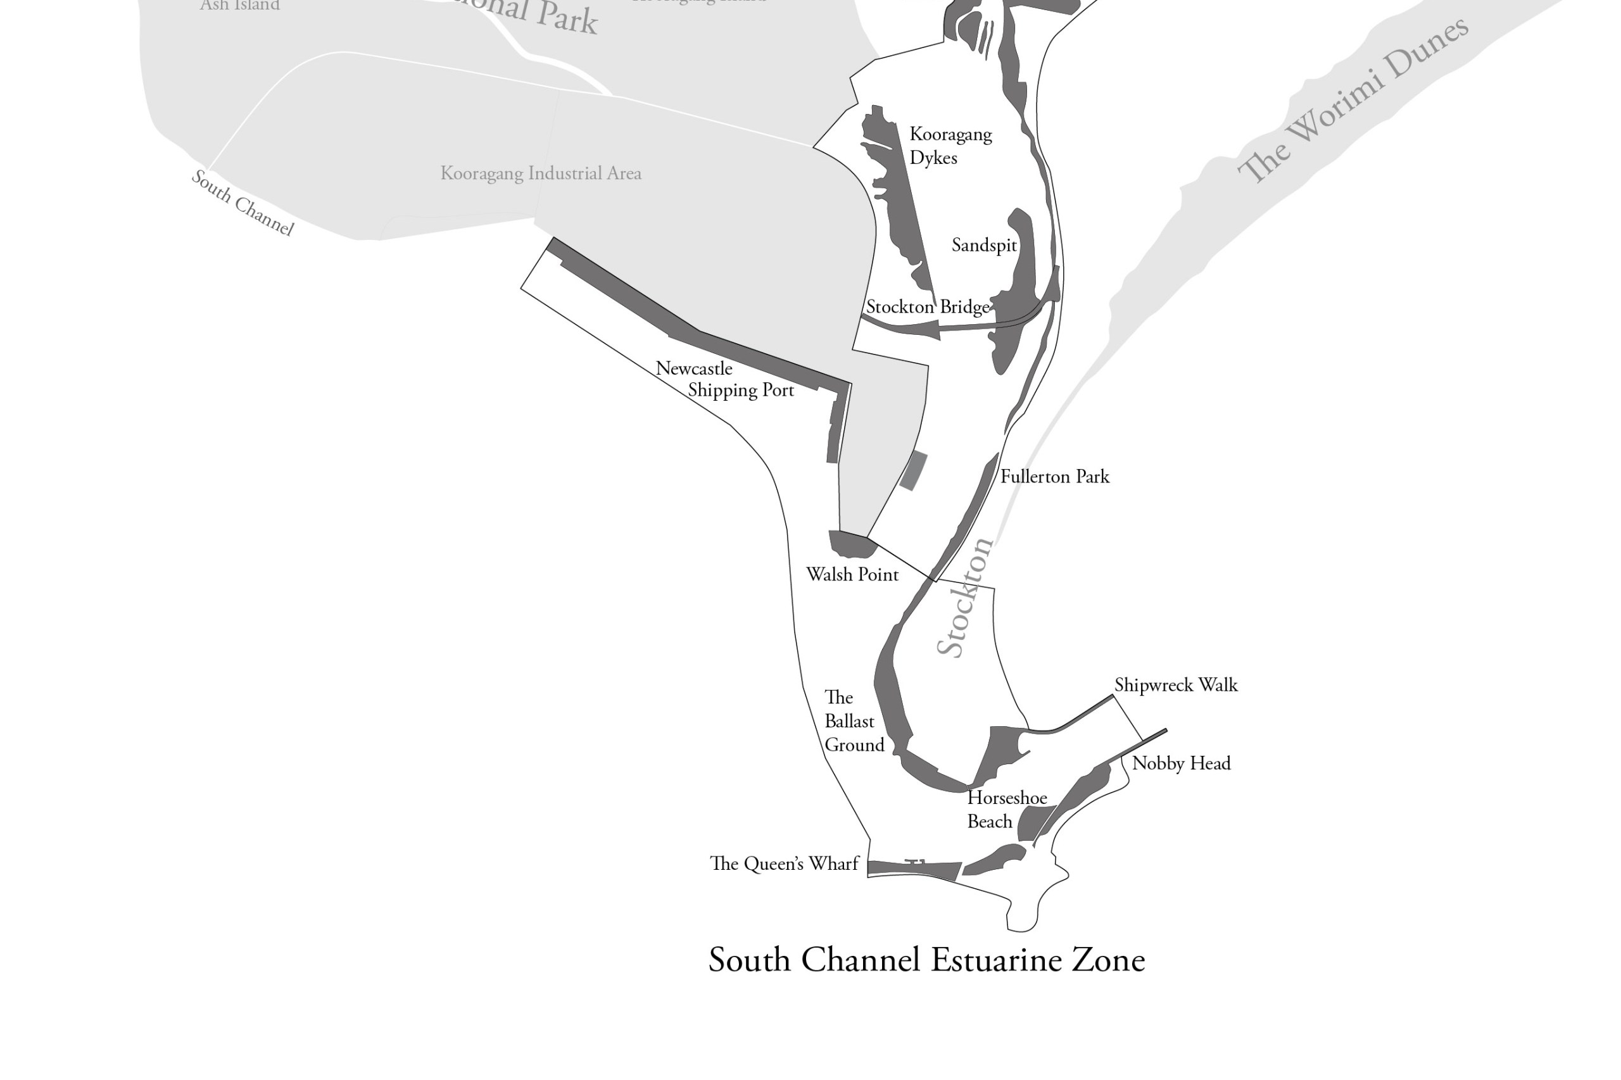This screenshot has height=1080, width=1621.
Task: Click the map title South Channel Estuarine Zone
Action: click(926, 960)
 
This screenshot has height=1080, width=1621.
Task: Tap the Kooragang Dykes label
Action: click(949, 146)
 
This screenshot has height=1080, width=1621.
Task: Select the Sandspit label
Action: click(983, 245)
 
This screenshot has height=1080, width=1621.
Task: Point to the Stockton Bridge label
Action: click(927, 306)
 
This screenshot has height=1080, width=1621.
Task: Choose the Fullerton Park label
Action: click(1054, 477)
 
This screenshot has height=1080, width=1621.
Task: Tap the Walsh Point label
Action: click(852, 574)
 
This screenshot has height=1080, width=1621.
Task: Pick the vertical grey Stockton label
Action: click(964, 597)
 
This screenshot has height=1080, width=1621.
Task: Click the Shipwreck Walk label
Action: click(1175, 684)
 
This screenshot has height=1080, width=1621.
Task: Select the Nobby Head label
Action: click(1180, 763)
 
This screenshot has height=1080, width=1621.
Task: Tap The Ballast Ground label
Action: click(853, 721)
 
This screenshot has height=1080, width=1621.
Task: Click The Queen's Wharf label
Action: click(784, 863)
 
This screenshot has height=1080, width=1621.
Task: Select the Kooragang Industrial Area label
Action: click(540, 173)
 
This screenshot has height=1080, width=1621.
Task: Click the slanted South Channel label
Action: click(243, 203)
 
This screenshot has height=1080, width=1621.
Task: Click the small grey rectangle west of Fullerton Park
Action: click(914, 471)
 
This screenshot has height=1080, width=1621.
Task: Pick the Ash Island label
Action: click(239, 6)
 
